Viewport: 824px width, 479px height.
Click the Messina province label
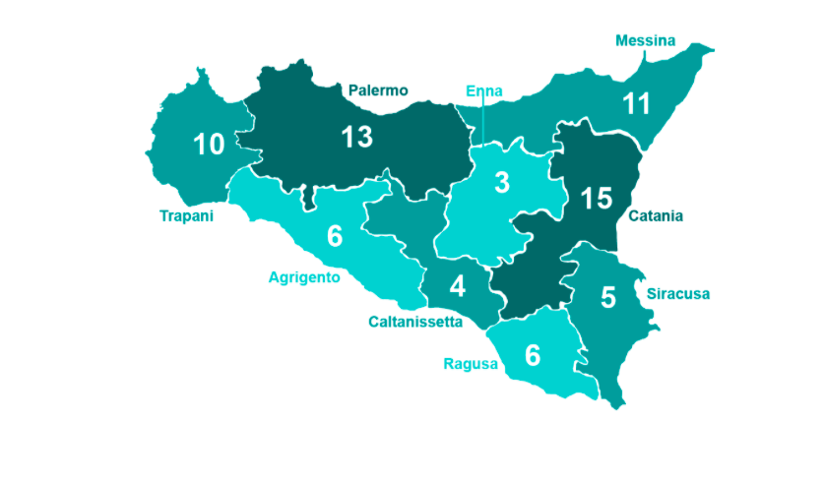645,40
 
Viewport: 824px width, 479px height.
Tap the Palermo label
378,90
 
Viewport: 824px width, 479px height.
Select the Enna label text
484,91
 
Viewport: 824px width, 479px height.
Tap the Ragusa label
470,364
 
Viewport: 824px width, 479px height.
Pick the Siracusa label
677,293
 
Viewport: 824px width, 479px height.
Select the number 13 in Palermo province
356,137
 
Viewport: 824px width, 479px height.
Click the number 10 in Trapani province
209,145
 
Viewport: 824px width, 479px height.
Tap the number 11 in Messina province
637,103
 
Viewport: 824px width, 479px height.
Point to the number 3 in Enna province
502,183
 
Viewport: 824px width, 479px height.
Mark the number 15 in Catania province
596,198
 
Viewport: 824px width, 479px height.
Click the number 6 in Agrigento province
335,236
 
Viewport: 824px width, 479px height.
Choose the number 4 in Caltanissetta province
457,286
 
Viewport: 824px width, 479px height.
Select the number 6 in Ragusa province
533,354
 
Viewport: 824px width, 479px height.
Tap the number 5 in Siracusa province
607,297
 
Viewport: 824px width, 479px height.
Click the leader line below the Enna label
484,123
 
